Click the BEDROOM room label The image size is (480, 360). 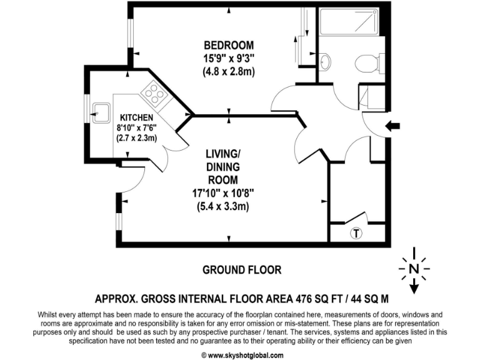229,45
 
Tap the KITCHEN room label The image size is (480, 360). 136,117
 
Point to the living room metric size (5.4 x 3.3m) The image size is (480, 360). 223,207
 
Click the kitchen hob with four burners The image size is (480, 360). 154,94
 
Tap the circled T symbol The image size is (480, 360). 356,234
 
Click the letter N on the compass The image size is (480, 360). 412,269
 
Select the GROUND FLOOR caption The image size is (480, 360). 241,270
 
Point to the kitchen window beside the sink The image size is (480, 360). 87,114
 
